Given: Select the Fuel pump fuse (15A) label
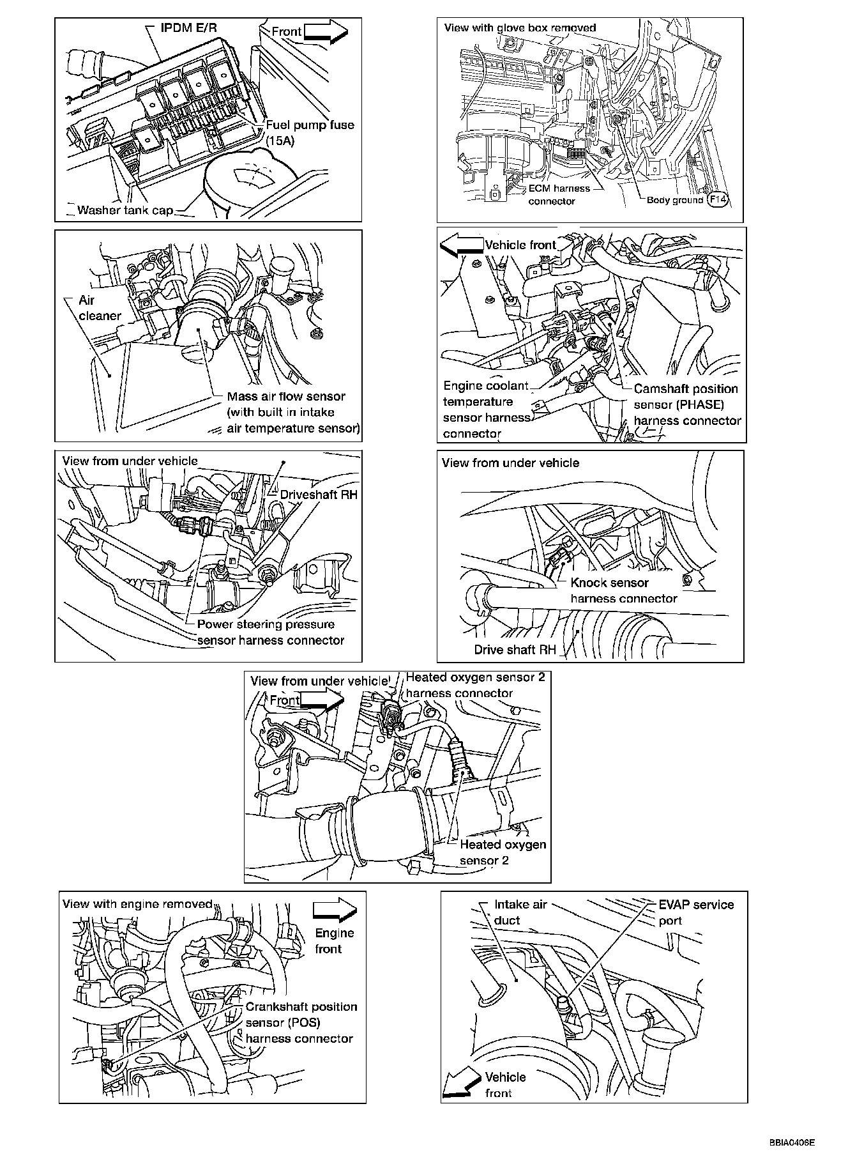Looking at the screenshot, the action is (x=310, y=132).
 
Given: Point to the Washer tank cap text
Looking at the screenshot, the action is (x=125, y=210).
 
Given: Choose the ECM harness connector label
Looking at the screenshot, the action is (x=559, y=195).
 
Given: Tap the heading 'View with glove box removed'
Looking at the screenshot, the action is (x=520, y=27).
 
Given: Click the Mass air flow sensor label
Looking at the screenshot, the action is (x=293, y=412).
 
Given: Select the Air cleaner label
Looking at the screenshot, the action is (x=100, y=307).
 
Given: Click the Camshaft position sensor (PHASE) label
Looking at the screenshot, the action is (x=687, y=404).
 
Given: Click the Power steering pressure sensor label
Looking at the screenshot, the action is (x=271, y=632).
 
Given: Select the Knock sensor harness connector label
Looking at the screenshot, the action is (x=624, y=590).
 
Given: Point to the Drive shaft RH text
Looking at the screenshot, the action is (x=515, y=650).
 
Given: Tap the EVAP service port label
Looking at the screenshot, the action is (x=696, y=912).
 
